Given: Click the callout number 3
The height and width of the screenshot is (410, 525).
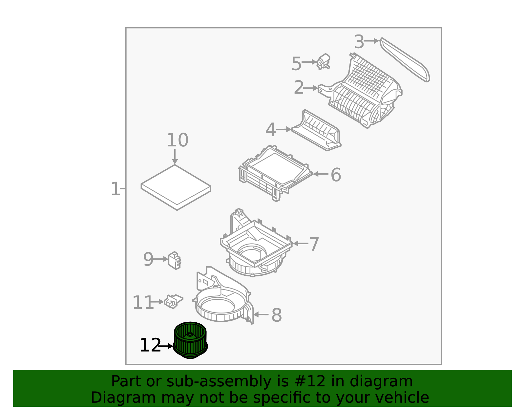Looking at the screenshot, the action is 359,42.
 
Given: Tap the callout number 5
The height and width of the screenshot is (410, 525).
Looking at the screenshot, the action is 296,64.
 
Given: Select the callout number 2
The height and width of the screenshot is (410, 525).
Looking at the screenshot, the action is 299,87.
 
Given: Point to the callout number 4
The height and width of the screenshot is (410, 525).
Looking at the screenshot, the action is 271,130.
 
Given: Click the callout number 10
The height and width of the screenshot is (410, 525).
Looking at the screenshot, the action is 177,140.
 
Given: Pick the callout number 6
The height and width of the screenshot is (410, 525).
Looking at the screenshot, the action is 336,175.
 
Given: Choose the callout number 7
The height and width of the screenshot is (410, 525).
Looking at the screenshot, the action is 314,244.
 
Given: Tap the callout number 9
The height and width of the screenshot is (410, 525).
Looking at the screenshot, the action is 148,259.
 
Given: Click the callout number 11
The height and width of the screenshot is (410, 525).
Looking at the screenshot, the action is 143,302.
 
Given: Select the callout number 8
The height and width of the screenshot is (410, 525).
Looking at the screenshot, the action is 277,315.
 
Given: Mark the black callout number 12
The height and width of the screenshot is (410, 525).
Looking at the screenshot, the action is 150,345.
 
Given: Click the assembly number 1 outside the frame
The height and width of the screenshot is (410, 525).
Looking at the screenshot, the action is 115,189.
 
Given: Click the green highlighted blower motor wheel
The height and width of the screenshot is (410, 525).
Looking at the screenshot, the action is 190,340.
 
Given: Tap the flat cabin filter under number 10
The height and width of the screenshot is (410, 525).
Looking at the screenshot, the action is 176,187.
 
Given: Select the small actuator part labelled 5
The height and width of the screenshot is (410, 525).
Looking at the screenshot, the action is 323,62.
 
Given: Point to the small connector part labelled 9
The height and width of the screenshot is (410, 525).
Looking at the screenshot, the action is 175,260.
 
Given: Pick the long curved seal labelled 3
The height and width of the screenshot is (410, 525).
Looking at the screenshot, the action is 405,59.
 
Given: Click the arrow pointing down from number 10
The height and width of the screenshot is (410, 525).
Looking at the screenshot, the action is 175,157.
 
